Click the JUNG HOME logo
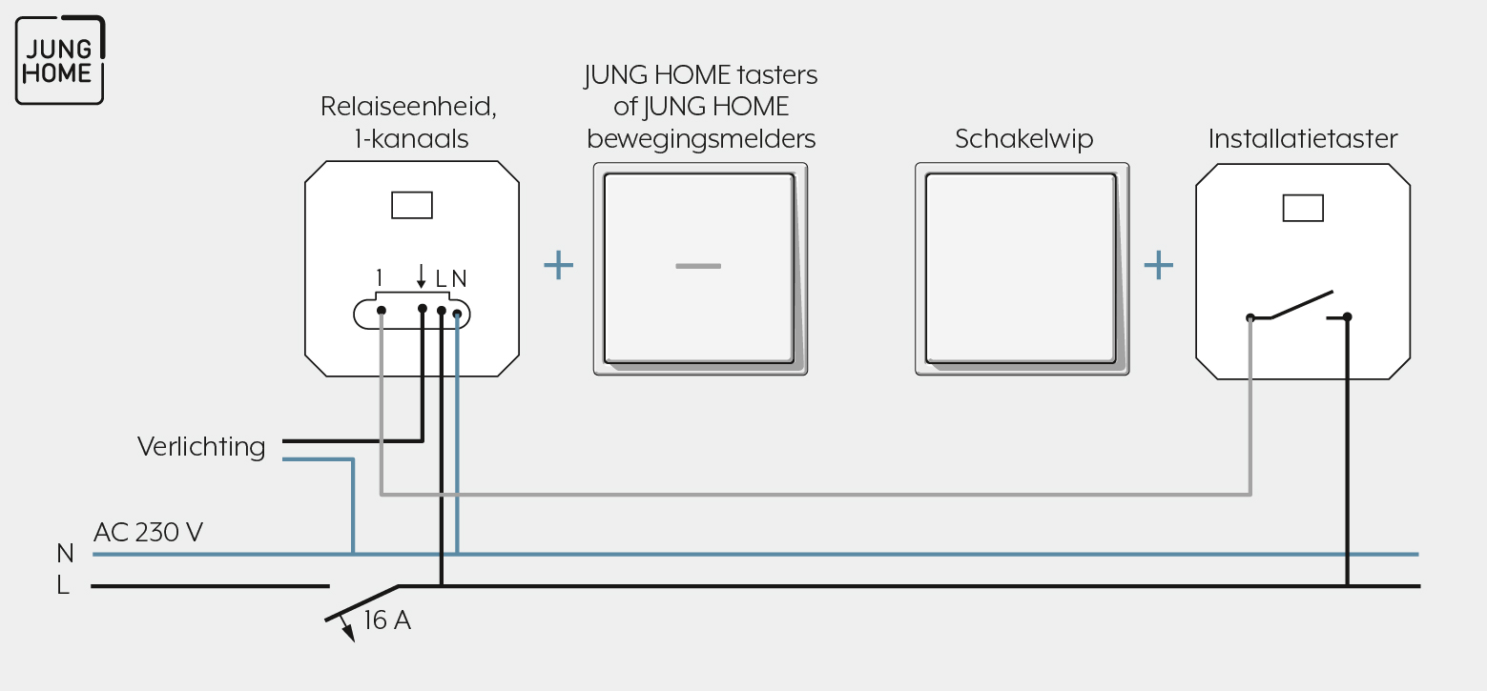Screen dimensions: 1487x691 [60, 60]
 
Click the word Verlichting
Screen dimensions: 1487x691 [201, 447]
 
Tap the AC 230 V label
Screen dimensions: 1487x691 [148, 532]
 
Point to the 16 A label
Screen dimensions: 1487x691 [387, 620]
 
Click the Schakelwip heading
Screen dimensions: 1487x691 [1023, 139]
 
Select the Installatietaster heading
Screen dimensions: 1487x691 [1303, 138]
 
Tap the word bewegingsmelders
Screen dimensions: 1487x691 [701, 139]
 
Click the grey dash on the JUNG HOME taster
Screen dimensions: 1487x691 [698, 267]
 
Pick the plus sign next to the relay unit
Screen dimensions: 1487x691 [558, 265]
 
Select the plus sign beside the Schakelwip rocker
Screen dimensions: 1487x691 [1158, 265]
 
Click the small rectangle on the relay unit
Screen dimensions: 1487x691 [412, 205]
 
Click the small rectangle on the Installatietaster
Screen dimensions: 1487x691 [1303, 208]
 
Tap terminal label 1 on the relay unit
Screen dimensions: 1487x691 [379, 278]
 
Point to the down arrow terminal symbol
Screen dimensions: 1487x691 [421, 275]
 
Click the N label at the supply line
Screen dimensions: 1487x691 [65, 553]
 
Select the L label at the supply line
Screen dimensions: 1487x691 [63, 585]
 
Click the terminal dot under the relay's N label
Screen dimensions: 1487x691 [458, 314]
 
